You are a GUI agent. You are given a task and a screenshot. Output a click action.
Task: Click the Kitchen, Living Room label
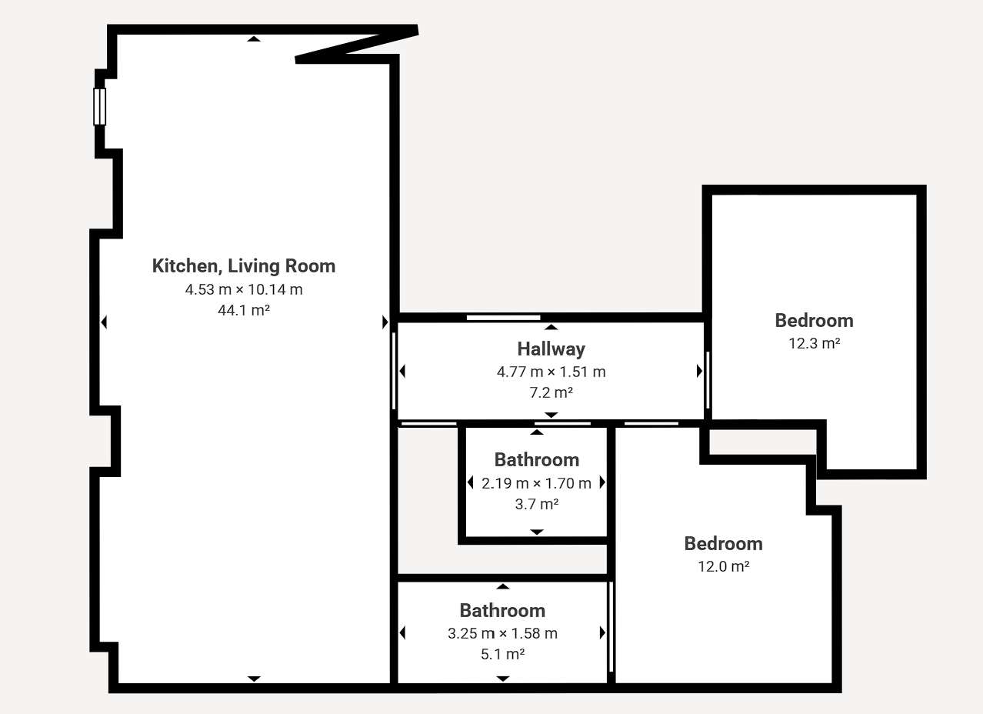click(244, 266)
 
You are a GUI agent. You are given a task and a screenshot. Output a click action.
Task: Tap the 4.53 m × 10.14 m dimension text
click(244, 289)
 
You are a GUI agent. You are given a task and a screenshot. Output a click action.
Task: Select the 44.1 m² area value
click(244, 310)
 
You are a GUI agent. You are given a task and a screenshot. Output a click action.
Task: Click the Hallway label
click(551, 349)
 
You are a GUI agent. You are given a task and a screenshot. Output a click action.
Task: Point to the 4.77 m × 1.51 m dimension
click(551, 372)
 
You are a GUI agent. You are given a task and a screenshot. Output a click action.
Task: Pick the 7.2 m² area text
click(551, 392)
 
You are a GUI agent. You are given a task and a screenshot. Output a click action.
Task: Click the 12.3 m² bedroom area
click(815, 343)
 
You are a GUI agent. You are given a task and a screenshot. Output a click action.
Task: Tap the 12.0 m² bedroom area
click(724, 566)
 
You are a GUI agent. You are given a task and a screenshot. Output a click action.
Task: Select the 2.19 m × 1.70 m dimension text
click(536, 484)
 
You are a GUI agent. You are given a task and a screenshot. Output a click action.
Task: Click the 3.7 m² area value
click(537, 504)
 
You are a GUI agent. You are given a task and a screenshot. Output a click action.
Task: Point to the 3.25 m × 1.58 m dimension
click(502, 634)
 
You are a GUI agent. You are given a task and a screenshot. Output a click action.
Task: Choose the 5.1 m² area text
click(502, 654)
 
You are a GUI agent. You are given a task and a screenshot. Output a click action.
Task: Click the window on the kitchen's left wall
click(100, 107)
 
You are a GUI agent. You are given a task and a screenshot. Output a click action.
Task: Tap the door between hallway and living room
click(394, 372)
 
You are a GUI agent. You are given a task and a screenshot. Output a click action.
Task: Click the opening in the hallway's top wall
click(503, 318)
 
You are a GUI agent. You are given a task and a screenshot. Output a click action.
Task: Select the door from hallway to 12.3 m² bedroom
click(708, 380)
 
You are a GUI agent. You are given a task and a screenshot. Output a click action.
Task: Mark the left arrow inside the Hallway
click(402, 372)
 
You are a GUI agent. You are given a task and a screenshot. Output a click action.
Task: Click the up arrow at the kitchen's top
click(254, 39)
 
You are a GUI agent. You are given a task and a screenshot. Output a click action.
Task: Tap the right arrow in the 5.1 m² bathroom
click(602, 632)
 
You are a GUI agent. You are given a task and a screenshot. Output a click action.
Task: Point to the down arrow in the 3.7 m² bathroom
click(537, 532)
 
